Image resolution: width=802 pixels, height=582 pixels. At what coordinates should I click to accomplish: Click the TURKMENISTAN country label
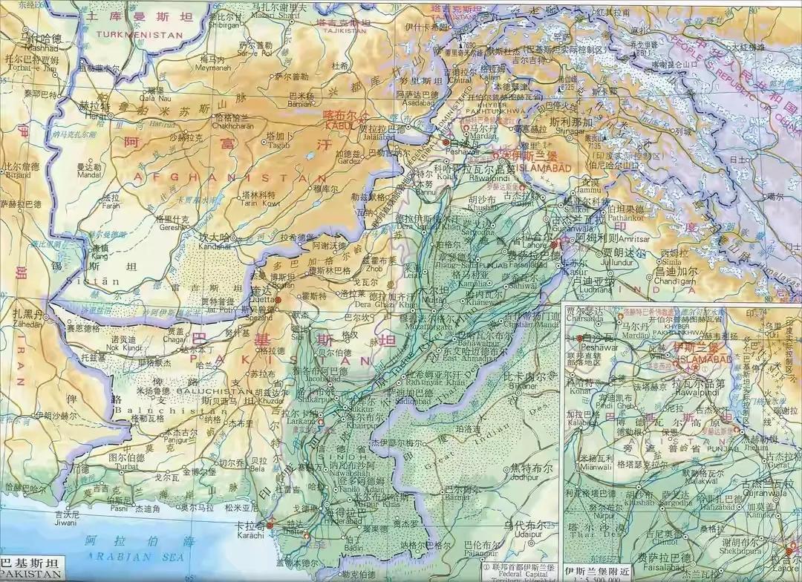(135, 35)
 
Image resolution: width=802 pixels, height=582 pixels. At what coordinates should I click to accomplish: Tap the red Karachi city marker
(270, 525)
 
